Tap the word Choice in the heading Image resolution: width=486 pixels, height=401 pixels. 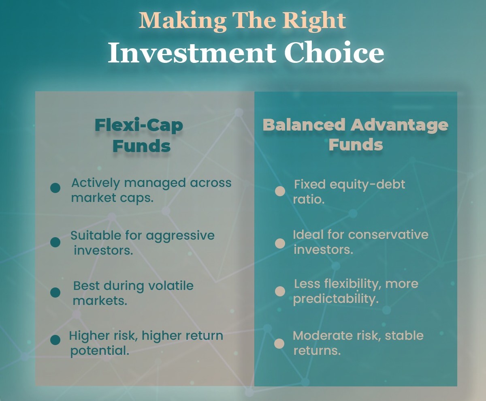[334, 52]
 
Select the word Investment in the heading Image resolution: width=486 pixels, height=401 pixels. [192, 52]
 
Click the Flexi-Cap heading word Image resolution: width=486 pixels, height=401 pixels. [139, 126]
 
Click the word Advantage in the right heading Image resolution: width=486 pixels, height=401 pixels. [399, 125]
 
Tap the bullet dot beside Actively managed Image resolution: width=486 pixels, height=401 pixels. [55, 188]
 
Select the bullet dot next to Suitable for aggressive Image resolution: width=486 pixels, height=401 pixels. [55, 242]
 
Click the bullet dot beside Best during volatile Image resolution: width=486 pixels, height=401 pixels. [55, 292]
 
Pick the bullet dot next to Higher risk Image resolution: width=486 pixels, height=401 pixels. [55, 340]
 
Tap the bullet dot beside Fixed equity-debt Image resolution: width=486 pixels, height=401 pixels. [280, 191]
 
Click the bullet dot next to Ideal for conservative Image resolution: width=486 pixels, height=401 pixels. [280, 244]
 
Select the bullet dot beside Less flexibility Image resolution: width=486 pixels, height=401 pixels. [280, 291]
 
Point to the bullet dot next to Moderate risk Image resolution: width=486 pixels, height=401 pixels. [279, 343]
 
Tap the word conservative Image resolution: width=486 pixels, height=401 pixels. [388, 235]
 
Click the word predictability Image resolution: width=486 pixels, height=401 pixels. [336, 299]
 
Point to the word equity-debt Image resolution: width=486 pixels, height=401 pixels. [367, 185]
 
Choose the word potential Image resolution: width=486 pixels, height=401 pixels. [100, 351]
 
